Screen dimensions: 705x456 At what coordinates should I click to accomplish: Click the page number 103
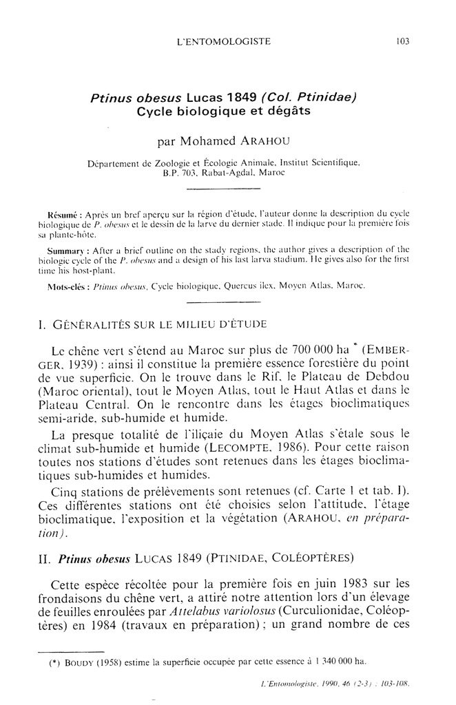tap(403, 41)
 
